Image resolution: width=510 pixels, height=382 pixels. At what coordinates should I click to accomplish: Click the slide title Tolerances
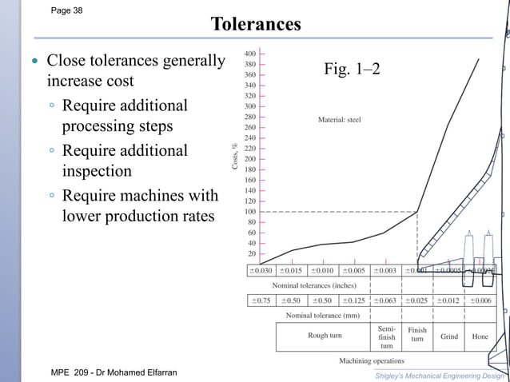[256, 25]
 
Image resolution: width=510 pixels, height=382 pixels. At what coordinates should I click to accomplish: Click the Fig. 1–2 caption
[352, 70]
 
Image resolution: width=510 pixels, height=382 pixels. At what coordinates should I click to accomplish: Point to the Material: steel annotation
[339, 120]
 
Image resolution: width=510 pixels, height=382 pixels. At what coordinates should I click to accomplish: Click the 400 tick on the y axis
[250, 54]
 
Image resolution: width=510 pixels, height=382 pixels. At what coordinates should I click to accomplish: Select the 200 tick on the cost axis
[250, 158]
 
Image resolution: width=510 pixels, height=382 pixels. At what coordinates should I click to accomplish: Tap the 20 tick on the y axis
[252, 253]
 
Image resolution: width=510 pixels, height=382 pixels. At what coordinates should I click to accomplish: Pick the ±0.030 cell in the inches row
[261, 270]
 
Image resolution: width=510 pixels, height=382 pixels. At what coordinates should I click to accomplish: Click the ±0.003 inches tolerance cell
[384, 270]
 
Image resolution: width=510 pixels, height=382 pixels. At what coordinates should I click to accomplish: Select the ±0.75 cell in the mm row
[261, 300]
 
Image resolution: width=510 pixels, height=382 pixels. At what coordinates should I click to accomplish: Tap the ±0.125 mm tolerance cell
[354, 300]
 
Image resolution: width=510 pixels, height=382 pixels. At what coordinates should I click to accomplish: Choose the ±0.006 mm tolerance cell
[480, 300]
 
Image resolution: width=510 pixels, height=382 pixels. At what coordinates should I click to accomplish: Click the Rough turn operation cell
[325, 336]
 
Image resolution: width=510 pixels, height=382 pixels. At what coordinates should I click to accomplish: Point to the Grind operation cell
[449, 336]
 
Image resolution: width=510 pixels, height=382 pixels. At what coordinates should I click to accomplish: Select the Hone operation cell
[480, 336]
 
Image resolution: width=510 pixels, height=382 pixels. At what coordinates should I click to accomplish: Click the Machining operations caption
[372, 361]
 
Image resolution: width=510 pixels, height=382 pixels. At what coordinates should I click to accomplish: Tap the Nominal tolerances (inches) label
[314, 285]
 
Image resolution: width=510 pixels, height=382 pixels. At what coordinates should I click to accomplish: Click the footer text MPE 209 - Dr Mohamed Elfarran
[114, 373]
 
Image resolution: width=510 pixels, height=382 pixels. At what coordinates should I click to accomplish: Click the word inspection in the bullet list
[102, 171]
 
